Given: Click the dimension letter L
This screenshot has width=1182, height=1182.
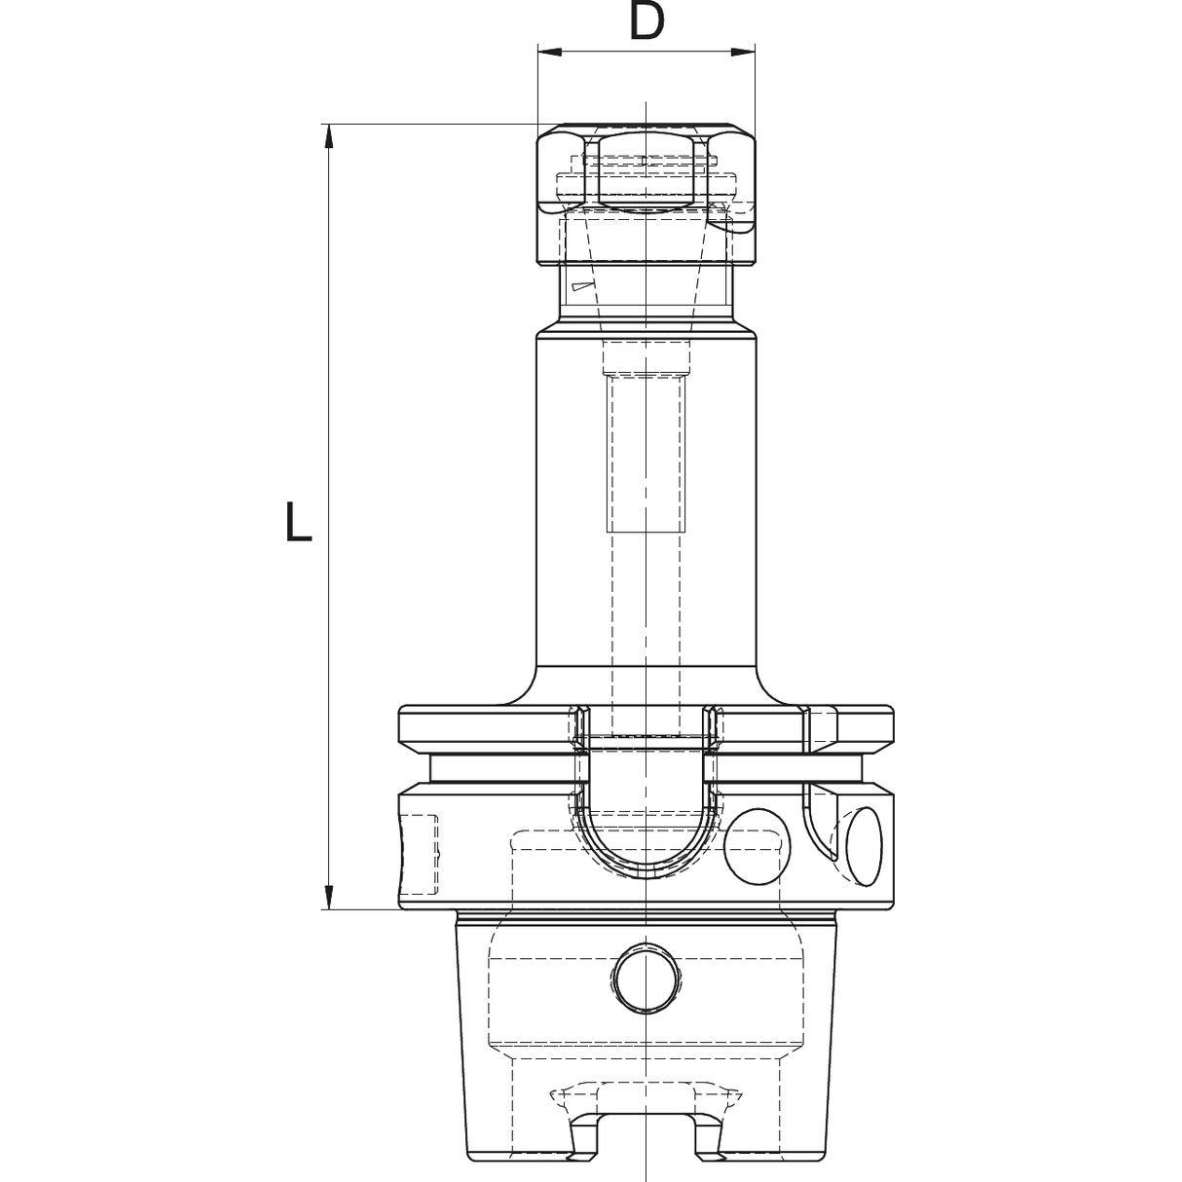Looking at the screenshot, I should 297,521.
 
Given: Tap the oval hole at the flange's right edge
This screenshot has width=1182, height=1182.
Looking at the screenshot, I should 864,846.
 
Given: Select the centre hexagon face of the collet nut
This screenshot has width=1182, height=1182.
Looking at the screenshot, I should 646,171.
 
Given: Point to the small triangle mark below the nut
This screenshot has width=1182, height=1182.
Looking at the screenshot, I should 580,286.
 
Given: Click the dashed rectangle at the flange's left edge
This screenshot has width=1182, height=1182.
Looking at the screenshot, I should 420,855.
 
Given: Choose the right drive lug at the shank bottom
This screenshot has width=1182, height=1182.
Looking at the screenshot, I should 709,1139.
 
